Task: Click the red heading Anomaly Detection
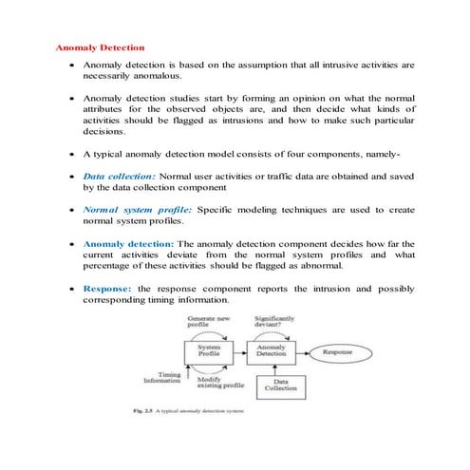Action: tap(100, 47)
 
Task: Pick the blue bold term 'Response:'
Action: tap(108, 288)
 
